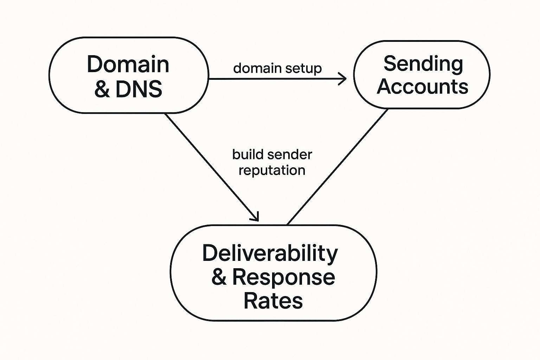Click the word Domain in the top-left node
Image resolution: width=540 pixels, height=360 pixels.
[128, 64]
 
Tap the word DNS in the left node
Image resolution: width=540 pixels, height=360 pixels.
[139, 89]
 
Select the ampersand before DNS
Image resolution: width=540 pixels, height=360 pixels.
[102, 89]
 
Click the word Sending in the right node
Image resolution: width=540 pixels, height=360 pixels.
[423, 64]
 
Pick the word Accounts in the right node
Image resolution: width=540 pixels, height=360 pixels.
[422, 86]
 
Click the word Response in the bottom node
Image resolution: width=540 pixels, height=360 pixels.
[283, 277]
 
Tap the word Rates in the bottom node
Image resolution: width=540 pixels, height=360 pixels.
[273, 301]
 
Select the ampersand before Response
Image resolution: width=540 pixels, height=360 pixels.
[219, 277]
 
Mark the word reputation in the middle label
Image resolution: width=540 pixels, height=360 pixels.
[272, 171]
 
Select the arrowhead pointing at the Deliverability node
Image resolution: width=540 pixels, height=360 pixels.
[255, 217]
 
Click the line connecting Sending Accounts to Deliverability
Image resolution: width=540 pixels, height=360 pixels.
[337, 167]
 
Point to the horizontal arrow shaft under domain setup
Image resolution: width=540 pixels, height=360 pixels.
[274, 79]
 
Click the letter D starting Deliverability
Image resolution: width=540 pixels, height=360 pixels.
[210, 253]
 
